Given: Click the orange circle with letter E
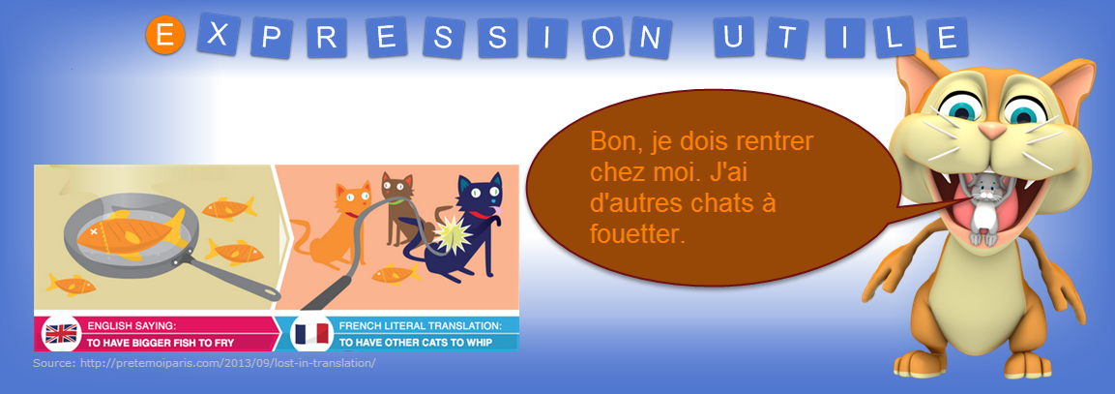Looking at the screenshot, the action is (165, 37).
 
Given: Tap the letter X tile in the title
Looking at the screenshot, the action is (219, 34).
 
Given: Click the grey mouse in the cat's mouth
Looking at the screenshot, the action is (983, 206).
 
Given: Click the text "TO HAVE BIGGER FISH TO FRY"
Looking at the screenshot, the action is (160, 343).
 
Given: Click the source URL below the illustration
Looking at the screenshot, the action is (204, 363).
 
